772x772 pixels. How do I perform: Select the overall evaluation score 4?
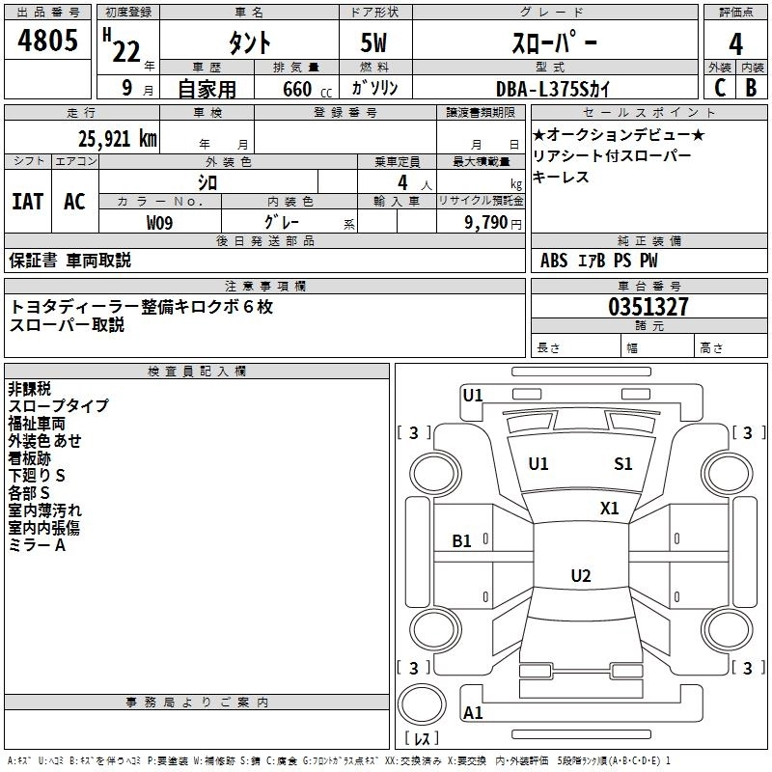735,43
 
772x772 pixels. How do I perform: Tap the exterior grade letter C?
719,87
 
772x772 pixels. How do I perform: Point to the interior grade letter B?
751,87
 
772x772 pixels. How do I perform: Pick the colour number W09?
160,222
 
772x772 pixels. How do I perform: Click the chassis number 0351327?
648,307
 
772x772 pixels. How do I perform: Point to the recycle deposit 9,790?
485,222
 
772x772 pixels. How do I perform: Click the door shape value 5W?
376,43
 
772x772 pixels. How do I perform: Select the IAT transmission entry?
27,201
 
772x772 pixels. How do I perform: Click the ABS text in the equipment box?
554,261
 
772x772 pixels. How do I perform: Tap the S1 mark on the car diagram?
623,464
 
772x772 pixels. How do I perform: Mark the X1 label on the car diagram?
610,508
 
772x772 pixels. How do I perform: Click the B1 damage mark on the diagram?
462,541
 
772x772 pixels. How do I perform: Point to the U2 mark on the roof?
580,576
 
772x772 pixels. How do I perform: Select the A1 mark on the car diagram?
473,713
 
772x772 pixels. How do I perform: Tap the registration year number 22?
125,50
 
